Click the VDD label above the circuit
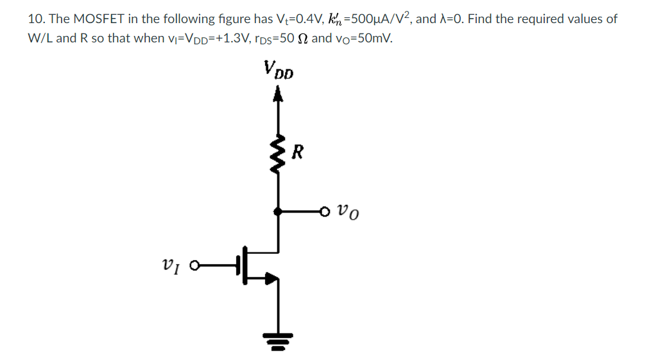(x=278, y=69)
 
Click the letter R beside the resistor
(x=297, y=153)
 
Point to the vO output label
(x=348, y=209)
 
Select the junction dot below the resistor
(x=277, y=209)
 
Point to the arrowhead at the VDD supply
(x=277, y=95)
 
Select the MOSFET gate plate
(x=237, y=263)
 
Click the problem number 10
(x=36, y=19)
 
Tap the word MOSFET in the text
(x=93, y=19)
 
